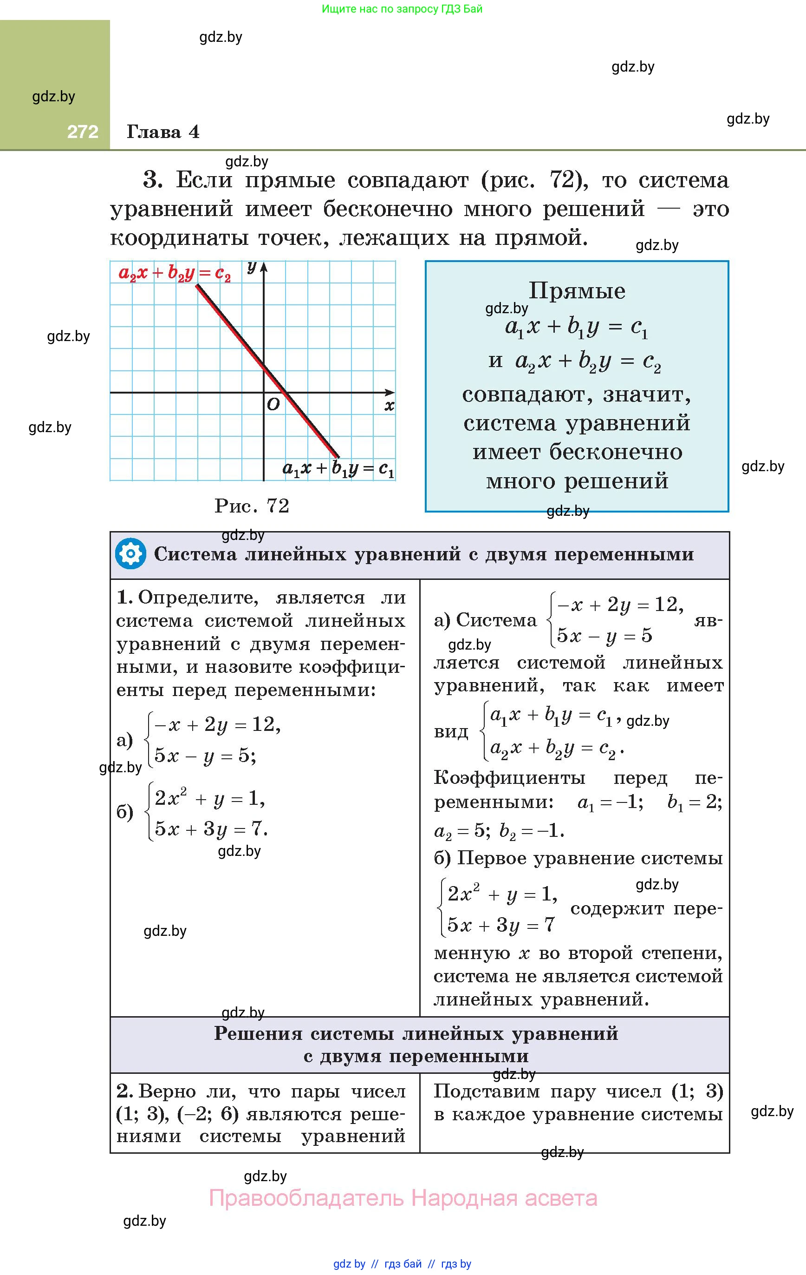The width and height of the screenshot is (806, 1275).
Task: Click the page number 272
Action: coord(83,131)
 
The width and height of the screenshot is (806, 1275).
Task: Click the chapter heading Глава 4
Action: coord(163,132)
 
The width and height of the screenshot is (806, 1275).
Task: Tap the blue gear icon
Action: coord(130,554)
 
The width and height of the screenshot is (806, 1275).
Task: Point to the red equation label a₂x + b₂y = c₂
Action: coord(175,273)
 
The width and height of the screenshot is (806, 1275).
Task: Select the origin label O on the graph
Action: coord(273,405)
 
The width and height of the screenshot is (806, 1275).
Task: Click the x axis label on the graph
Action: coord(390,407)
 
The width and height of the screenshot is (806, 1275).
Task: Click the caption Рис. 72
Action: coord(252,506)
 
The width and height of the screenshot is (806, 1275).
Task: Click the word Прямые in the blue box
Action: coord(577,291)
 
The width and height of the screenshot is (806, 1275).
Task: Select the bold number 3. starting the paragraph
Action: coord(152,180)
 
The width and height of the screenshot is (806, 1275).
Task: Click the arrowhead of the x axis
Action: coord(390,392)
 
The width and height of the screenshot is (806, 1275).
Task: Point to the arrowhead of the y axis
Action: coord(264,265)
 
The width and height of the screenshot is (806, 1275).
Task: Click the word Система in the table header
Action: coord(195,554)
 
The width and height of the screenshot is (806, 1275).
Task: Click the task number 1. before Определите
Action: coord(124,597)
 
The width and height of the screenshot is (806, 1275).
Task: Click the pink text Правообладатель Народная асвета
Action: coord(403,1198)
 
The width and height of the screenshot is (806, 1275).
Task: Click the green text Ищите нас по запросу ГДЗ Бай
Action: coord(402,9)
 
